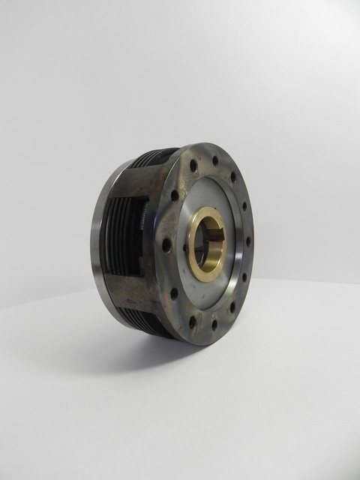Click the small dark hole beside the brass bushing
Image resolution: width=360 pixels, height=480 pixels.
tap(185, 247)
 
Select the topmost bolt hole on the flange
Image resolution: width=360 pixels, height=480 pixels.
tap(215, 160)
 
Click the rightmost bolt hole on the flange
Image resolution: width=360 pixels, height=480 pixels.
tap(248, 241)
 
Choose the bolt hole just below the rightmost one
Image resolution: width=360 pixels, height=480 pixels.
tap(243, 277)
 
